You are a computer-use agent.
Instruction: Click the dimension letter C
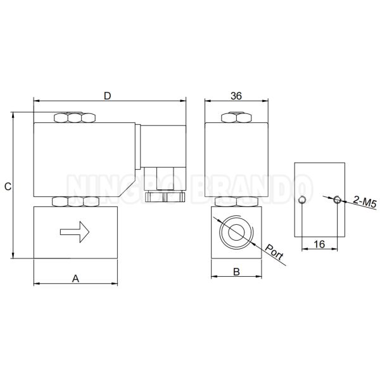pyautogui.click(x=8, y=186)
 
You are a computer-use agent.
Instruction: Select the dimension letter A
pyautogui.click(x=75, y=277)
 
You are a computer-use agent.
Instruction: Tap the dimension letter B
pyautogui.click(x=236, y=272)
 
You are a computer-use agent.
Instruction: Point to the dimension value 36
pyautogui.click(x=236, y=96)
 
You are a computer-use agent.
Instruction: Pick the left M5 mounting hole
pyautogui.click(x=303, y=201)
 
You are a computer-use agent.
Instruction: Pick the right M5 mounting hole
pyautogui.click(x=337, y=200)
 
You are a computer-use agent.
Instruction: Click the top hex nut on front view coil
pyautogui.click(x=75, y=117)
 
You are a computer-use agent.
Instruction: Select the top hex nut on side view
pyautogui.click(x=236, y=117)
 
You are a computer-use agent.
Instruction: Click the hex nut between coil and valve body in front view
pyautogui.click(x=75, y=202)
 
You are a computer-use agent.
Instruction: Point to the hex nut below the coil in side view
pyautogui.click(x=236, y=202)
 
